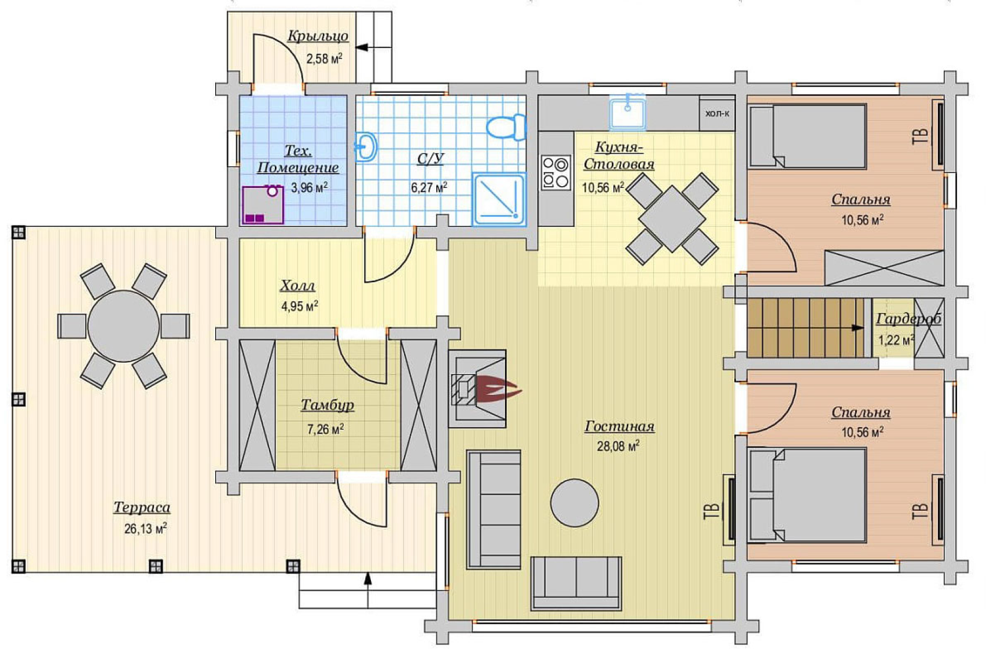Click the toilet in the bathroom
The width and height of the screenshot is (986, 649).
[507, 127]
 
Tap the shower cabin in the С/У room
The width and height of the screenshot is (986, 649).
[499, 200]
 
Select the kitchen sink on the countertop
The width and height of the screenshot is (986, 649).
[628, 113]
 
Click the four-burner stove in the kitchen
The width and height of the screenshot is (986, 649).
[555, 173]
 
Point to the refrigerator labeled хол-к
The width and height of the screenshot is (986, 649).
[717, 113]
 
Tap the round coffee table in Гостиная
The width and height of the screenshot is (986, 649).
[575, 503]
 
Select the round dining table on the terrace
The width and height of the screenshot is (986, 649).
[123, 326]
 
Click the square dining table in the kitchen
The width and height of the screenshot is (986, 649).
[672, 219]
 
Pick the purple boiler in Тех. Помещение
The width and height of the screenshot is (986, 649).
[263, 205]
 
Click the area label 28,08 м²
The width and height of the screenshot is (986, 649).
[618, 446]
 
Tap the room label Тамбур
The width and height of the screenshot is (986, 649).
[327, 405]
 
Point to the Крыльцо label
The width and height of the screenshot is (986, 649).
[318, 36]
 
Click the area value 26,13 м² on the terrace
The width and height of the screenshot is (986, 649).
[145, 528]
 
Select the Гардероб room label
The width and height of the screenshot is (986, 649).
[908, 319]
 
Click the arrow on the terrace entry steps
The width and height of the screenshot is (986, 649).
[367, 589]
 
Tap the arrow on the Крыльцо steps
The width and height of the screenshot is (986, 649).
[373, 47]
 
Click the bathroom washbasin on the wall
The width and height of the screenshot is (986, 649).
[366, 146]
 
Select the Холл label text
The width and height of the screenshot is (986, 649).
[297, 286]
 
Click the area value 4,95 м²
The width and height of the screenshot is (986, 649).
[300, 306]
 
